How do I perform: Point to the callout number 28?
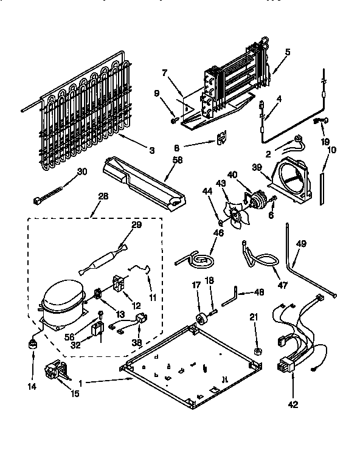tap(101, 196)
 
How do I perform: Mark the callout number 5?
tap(287, 52)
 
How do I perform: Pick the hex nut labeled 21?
tap(257, 351)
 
